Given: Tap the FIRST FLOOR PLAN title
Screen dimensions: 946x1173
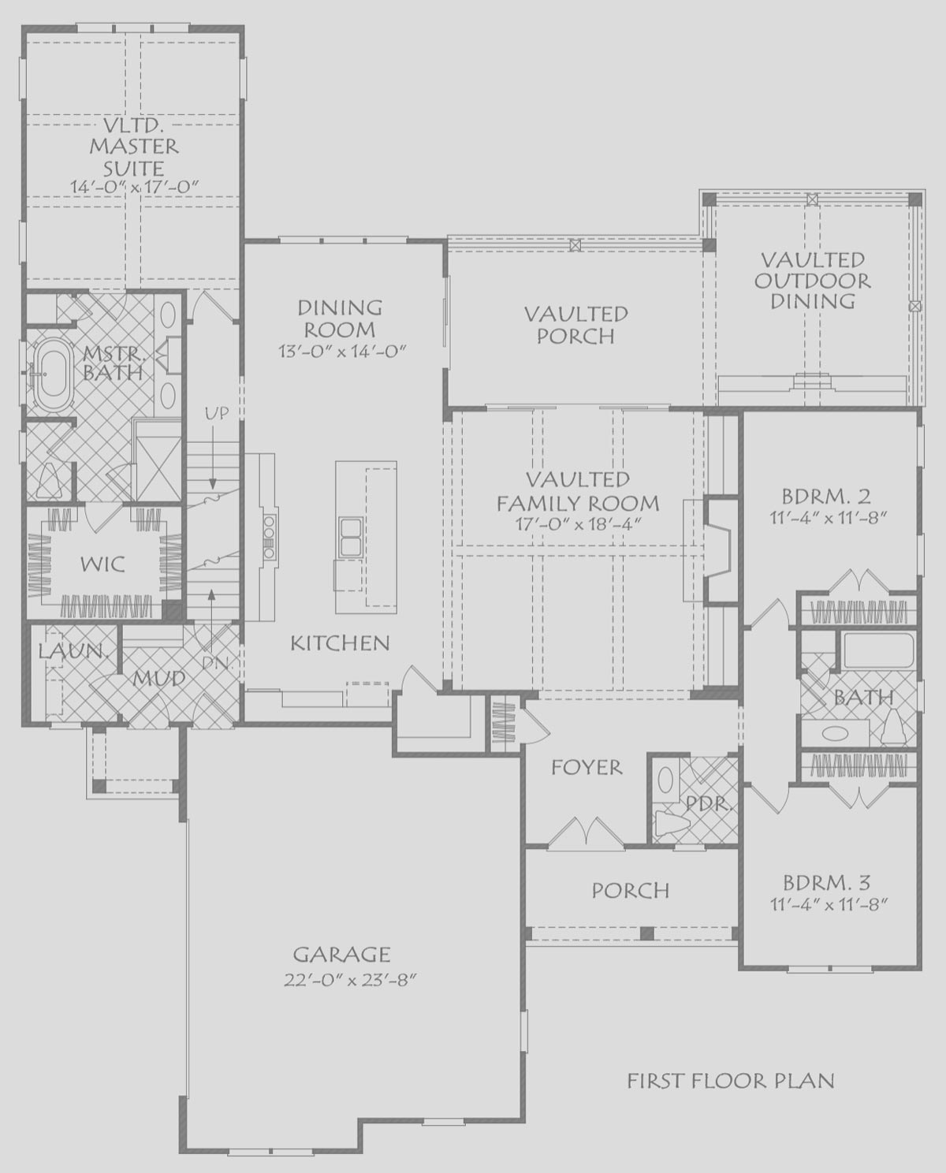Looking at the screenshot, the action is tap(731, 1080).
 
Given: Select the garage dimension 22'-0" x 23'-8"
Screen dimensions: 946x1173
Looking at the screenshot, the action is tap(350, 981).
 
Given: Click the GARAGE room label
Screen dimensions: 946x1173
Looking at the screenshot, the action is tap(342, 955).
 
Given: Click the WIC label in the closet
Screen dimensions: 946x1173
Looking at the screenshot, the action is tap(102, 564).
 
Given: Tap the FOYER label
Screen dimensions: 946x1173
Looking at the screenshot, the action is tap(587, 768).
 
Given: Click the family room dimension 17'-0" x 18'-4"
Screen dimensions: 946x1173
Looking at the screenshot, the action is tap(577, 523).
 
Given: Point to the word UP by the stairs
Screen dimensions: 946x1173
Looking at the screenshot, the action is tap(217, 413).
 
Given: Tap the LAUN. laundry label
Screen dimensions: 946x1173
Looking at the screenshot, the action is tap(72, 651).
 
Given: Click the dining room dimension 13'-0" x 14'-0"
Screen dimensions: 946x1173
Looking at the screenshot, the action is tap(343, 352).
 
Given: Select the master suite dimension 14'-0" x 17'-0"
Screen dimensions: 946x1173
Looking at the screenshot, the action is tap(133, 186).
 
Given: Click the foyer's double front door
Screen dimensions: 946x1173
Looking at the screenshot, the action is tap(586, 834).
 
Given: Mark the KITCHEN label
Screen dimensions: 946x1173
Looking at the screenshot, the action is tap(340, 643).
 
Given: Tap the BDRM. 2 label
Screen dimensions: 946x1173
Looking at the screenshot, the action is tap(827, 497).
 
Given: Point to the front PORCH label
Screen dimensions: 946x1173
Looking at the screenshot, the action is tap(631, 890).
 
